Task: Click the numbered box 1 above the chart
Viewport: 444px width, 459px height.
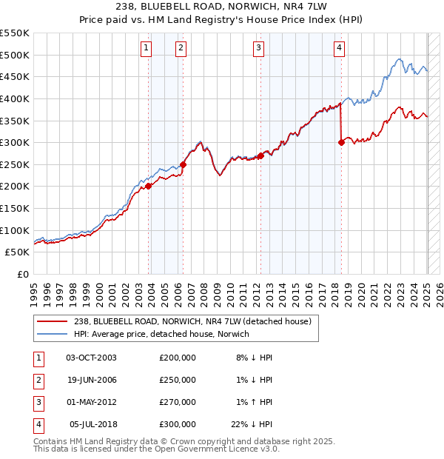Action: point(146,48)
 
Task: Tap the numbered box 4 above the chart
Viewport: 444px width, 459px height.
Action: point(339,48)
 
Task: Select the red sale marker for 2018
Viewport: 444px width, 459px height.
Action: point(341,143)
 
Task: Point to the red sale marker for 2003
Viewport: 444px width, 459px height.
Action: point(149,186)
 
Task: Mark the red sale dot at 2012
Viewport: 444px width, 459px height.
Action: point(260,156)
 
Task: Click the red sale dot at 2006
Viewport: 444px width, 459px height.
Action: point(184,164)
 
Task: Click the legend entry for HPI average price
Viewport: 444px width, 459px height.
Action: point(161,334)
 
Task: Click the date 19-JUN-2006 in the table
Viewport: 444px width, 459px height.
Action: point(92,380)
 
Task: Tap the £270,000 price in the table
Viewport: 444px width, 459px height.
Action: point(178,402)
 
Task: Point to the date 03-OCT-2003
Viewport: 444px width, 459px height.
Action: point(92,358)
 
